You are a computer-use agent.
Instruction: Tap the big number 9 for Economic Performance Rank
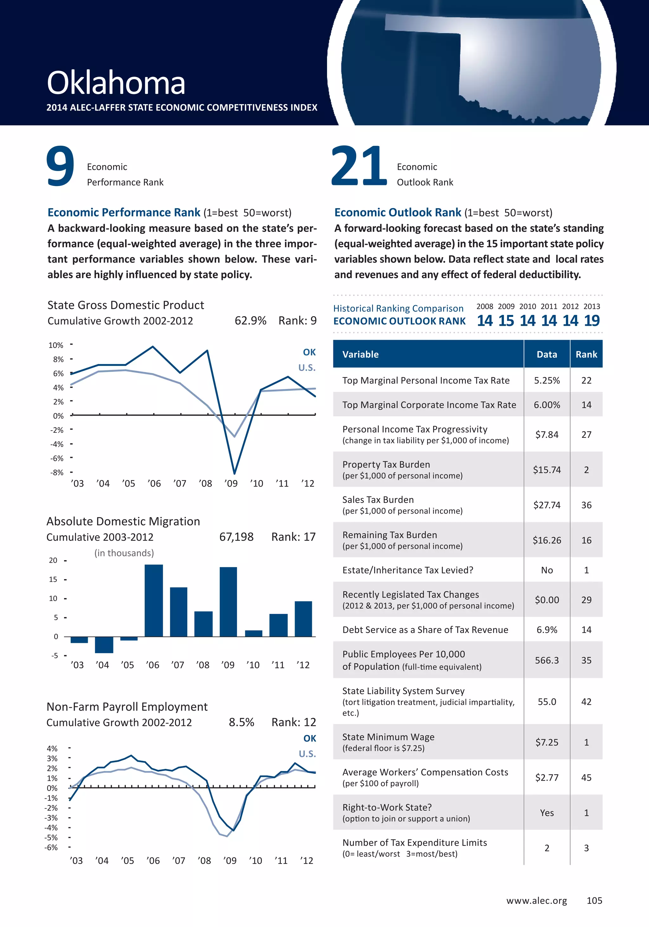[x=60, y=166]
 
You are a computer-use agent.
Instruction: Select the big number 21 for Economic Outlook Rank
[x=359, y=166]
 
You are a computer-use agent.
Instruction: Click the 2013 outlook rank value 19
[x=592, y=321]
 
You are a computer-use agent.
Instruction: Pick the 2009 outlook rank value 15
[x=506, y=321]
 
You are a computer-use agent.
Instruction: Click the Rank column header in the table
[x=586, y=354]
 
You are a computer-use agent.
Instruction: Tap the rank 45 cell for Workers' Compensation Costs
[x=586, y=777]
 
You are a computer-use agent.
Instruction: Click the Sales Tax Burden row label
[x=378, y=500]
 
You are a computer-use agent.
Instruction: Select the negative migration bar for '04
[x=104, y=644]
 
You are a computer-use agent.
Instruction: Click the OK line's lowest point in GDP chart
[x=234, y=472]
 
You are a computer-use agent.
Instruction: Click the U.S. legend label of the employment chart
[x=307, y=753]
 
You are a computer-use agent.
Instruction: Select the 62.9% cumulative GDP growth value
[x=250, y=321]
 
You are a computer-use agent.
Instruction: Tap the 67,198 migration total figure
[x=236, y=537]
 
